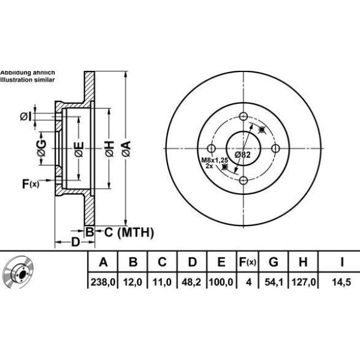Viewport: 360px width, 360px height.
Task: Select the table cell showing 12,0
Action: (133, 280)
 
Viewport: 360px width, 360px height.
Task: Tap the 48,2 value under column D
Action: (192, 280)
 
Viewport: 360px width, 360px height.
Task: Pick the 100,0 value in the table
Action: (221, 280)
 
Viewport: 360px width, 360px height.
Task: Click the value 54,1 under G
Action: (273, 280)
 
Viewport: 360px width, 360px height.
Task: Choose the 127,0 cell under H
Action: (304, 280)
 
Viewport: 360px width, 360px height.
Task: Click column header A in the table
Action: (103, 262)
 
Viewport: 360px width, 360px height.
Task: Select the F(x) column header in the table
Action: (247, 262)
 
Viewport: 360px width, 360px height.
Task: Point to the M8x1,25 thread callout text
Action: (214, 160)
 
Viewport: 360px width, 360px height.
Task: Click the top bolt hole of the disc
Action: (243, 117)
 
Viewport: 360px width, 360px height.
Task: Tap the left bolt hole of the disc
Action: (211, 149)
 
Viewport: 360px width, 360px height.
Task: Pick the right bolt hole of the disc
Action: (275, 149)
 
